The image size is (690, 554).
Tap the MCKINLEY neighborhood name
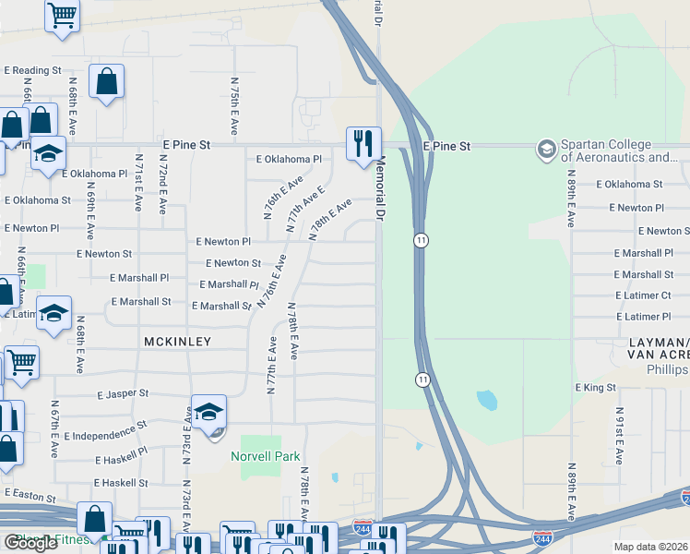click(178, 342)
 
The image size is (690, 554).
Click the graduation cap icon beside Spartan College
click(547, 148)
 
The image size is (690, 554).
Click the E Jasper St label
click(123, 393)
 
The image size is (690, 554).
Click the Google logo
click(30, 542)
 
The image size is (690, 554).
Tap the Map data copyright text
click(651, 546)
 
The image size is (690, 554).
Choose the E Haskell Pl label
click(121, 459)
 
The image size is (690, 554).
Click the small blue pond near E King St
click(486, 400)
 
